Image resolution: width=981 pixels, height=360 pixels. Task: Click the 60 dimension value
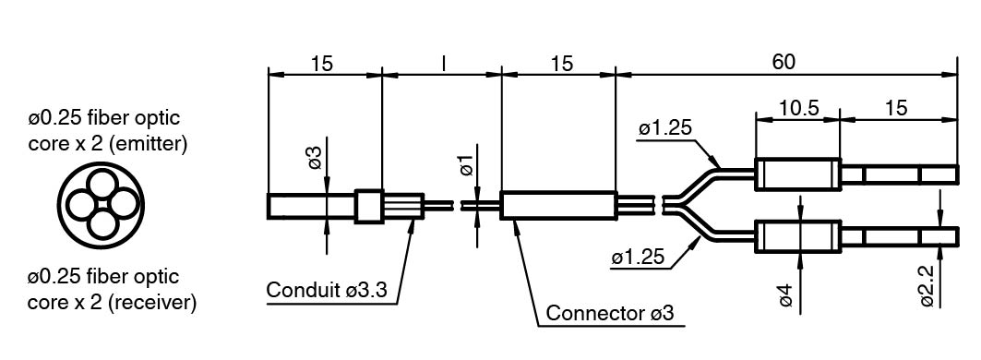coord(784,62)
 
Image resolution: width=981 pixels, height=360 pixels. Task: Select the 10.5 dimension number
coord(797,108)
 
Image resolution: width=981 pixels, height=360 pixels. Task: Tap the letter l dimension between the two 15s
coord(443,64)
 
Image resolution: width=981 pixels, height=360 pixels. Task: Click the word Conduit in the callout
coord(303,290)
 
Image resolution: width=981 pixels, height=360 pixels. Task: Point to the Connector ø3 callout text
coord(610,312)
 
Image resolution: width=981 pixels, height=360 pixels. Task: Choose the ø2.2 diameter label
coord(927,286)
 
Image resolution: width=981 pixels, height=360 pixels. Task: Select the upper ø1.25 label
coord(665,129)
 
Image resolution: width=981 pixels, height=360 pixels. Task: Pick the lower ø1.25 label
coord(640,258)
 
